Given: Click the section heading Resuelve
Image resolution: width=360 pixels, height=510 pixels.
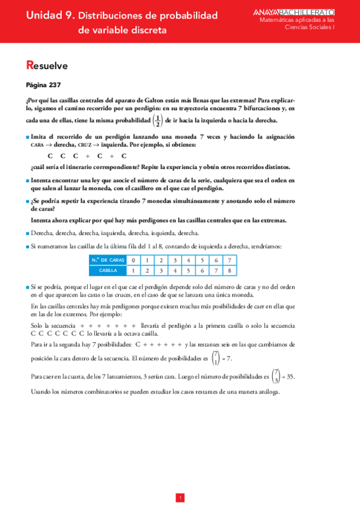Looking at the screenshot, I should (47, 66).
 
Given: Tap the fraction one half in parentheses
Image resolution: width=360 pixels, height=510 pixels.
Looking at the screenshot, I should (157, 120).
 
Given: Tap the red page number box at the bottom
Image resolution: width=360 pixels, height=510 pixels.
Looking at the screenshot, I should (180, 497).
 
